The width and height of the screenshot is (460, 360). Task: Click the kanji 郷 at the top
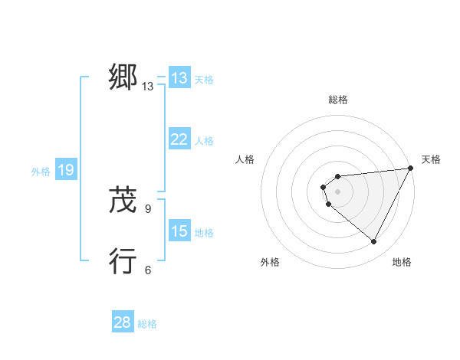pos(123,77)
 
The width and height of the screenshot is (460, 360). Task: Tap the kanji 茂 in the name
pos(123,201)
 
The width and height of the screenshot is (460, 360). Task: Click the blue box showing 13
pos(179,78)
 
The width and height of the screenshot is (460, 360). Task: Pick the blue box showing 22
pos(179,139)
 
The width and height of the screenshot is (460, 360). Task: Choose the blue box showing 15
pos(179,231)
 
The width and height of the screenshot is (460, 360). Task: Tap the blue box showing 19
pos(66,170)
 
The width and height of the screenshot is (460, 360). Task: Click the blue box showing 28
pos(123,322)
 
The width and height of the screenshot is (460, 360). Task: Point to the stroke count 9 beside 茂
pos(148,208)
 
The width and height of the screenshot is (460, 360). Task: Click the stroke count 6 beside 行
pos(148,270)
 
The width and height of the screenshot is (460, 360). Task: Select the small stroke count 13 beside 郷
pos(148,87)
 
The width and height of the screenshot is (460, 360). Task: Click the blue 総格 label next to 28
pos(147,324)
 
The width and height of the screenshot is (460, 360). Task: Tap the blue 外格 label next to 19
pos(41,172)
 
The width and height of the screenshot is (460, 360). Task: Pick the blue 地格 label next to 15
pos(204,233)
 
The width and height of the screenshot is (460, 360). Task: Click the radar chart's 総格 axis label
pos(338,100)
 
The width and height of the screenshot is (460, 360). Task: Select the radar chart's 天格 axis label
pos(431,159)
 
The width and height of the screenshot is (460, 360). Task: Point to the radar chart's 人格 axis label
pos(245,159)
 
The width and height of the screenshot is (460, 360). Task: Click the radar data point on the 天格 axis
pos(411,168)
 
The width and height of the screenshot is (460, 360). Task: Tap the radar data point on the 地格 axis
pos(374,241)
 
